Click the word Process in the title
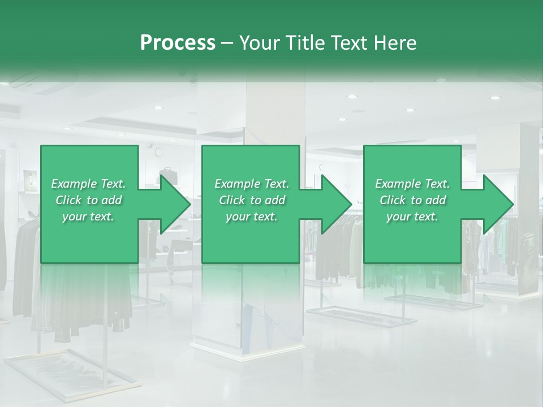point(178,43)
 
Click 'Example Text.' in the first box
point(88,184)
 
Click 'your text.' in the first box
point(88,217)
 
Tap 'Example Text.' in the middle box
point(252,184)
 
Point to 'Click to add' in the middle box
point(252,200)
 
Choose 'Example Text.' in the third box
point(412,184)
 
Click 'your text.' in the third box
point(412,217)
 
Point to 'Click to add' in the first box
point(88,200)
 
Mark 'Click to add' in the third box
point(412,200)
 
